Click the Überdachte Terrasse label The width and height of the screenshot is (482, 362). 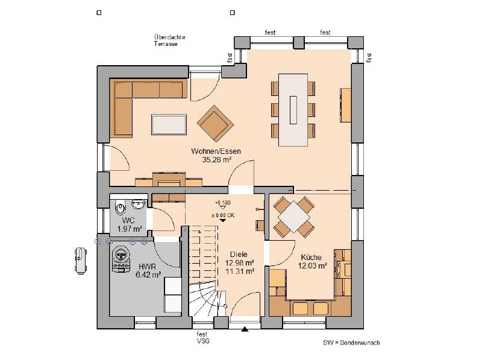click(x=169, y=40)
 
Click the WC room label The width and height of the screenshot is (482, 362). click(x=128, y=220)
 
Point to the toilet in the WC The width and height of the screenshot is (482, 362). click(x=118, y=208)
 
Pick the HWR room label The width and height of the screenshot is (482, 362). click(x=148, y=266)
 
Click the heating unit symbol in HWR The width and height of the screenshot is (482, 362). click(x=122, y=256)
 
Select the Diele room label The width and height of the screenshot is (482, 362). click(x=239, y=254)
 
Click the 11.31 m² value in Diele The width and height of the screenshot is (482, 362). click(x=239, y=271)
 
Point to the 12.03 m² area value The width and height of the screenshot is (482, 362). click(x=313, y=265)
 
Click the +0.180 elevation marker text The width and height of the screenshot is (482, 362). click(x=222, y=203)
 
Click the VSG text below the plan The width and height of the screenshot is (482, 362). click(x=202, y=341)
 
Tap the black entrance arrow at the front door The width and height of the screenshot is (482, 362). click(x=245, y=329)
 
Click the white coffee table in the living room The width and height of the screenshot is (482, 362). click(x=169, y=124)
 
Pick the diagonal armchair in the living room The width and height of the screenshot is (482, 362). click(x=215, y=123)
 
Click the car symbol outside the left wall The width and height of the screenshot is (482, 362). click(x=80, y=258)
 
